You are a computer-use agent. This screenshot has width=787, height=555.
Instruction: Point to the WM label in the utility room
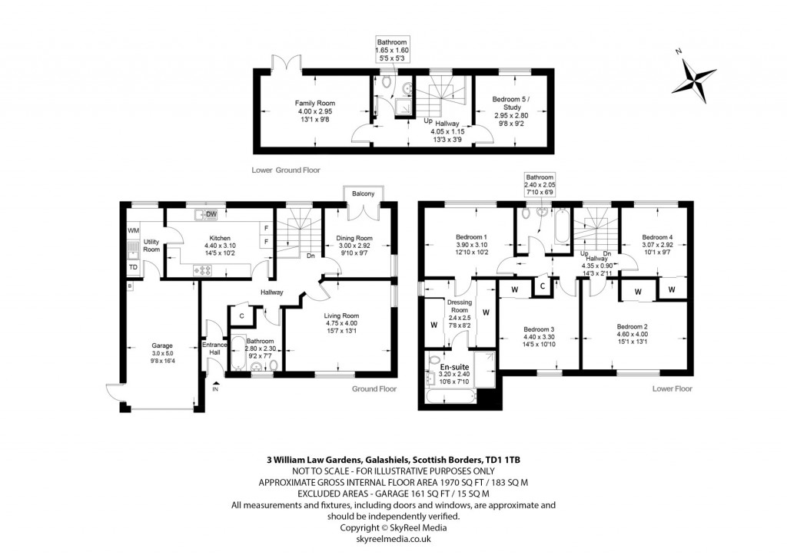(x=133, y=230)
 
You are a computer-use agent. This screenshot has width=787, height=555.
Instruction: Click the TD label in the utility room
(x=133, y=267)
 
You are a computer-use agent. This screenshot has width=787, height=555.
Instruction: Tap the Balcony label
(x=362, y=194)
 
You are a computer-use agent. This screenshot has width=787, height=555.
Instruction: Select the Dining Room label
(x=354, y=238)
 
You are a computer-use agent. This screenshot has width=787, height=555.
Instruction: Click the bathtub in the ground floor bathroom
(x=237, y=352)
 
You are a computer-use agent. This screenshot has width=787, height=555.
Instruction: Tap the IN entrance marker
(x=215, y=390)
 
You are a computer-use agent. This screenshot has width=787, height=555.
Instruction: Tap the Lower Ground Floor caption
(x=285, y=170)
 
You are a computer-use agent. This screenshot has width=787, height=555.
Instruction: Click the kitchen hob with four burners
(x=207, y=269)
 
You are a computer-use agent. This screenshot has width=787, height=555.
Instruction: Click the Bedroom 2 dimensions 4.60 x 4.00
(x=632, y=335)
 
